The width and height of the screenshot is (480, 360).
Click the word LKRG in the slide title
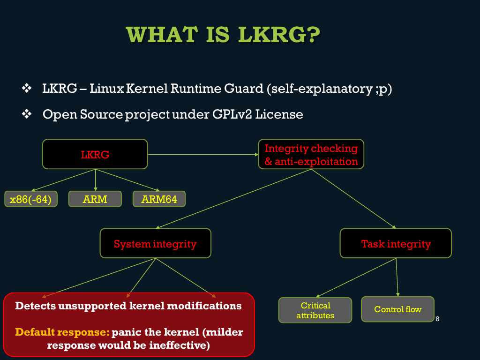pyautogui.click(x=279, y=34)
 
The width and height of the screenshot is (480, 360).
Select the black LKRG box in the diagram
pyautogui.click(x=95, y=154)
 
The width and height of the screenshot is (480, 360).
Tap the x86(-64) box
pyautogui.click(x=31, y=199)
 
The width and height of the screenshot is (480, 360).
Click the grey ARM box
pyautogui.click(x=95, y=199)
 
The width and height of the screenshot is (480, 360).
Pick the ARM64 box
pyautogui.click(x=159, y=199)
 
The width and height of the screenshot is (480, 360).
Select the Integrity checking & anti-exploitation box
pyautogui.click(x=311, y=154)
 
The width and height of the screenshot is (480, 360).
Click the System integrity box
pyautogui.click(x=156, y=243)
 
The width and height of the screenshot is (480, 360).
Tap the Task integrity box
pyautogui.click(x=396, y=243)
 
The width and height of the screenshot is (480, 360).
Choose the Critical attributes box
pyautogui.click(x=315, y=310)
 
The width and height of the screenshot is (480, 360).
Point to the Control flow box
pyautogui.click(x=397, y=309)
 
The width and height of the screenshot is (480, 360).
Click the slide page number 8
pyautogui.click(x=437, y=319)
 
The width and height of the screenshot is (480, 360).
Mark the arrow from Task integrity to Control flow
pyautogui.click(x=397, y=277)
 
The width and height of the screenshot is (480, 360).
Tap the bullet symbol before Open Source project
pyautogui.click(x=27, y=114)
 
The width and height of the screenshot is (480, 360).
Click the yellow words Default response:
pyautogui.click(x=62, y=332)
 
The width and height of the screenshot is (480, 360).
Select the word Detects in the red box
pyautogui.click(x=35, y=306)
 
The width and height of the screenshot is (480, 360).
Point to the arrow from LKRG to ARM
pyautogui.click(x=96, y=180)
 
